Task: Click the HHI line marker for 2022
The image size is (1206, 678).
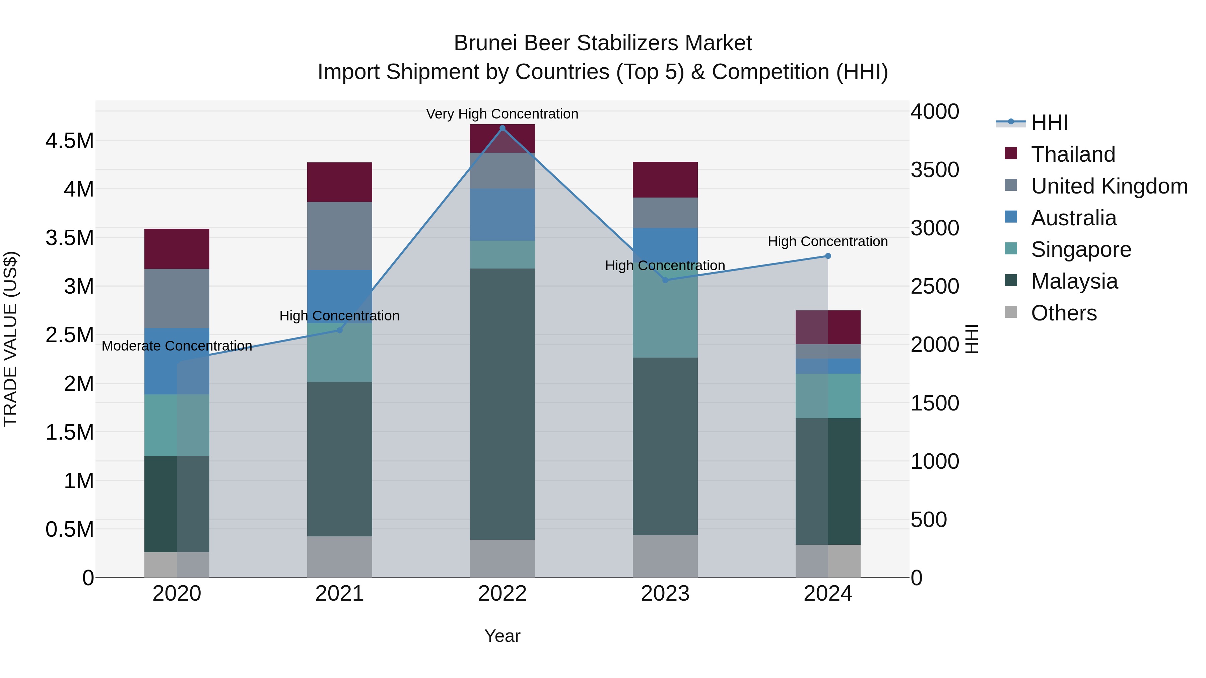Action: [x=503, y=128]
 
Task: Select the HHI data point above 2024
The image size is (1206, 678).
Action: [x=828, y=256]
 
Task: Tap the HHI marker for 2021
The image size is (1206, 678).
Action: [x=340, y=330]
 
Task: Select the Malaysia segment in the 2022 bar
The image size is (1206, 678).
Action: [x=503, y=404]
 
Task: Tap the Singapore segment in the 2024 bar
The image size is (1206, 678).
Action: [x=828, y=395]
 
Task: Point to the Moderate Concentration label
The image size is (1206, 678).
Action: [x=177, y=346]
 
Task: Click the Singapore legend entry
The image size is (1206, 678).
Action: [x=1080, y=249]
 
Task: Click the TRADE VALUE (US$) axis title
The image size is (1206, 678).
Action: [x=10, y=339]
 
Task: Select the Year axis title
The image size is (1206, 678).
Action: [x=503, y=636]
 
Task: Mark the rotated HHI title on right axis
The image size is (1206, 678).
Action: [x=972, y=339]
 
